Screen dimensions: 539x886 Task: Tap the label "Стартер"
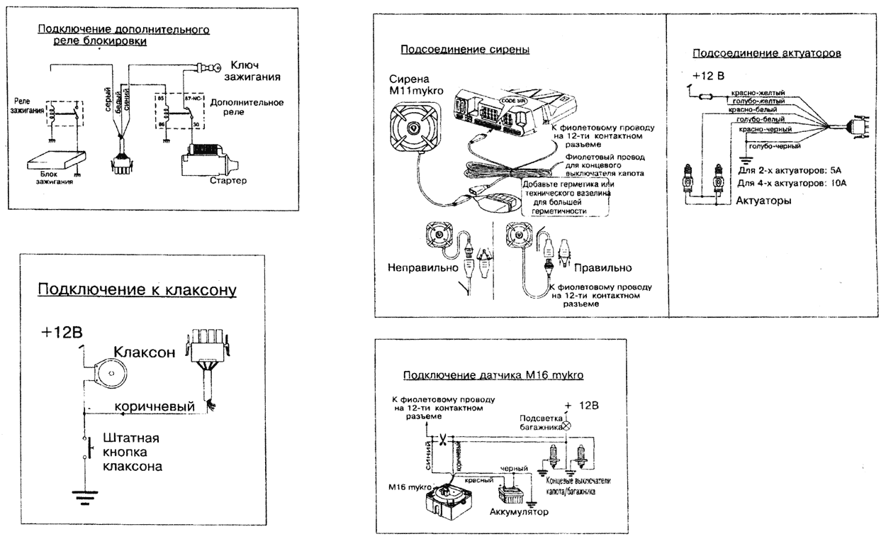tap(228, 182)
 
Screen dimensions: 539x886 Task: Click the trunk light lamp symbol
tap(567, 428)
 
